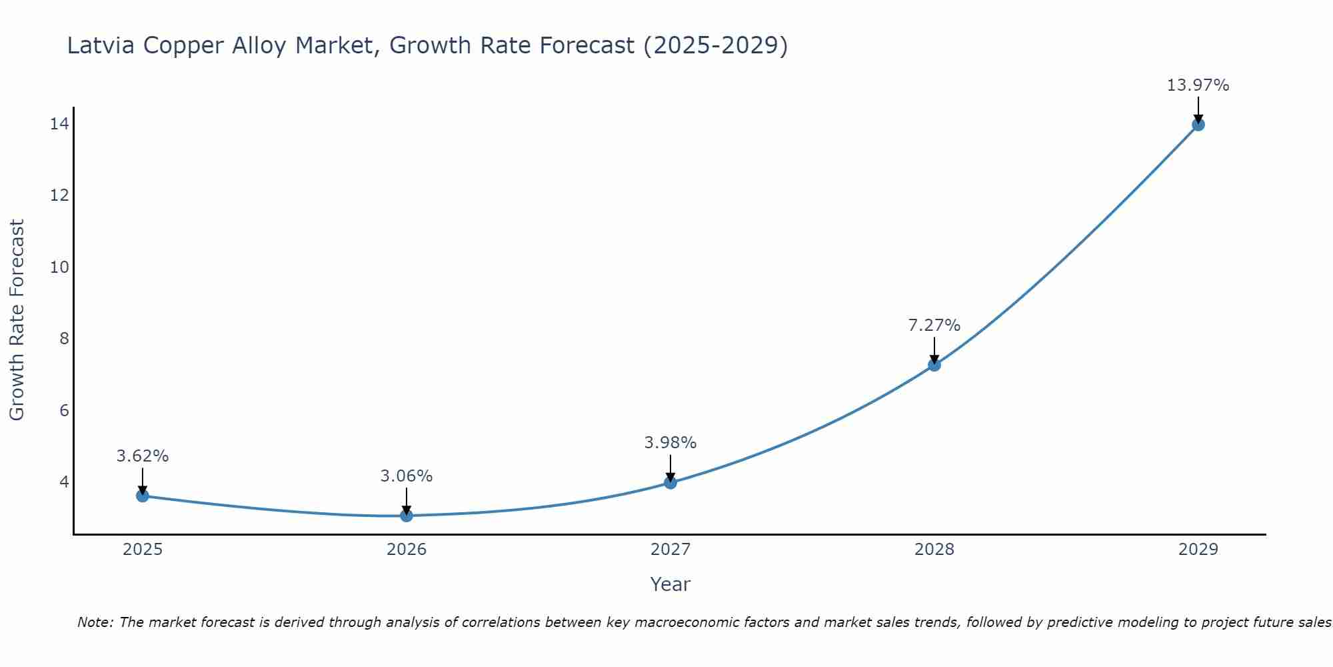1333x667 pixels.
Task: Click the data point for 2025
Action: (x=142, y=496)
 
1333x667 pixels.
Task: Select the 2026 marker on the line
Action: (x=407, y=516)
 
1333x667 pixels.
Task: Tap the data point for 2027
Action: (x=670, y=482)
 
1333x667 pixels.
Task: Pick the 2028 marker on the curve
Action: (x=934, y=365)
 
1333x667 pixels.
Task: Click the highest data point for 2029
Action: (x=1198, y=125)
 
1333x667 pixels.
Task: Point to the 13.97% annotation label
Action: (x=1198, y=85)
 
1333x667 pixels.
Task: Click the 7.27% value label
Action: (x=934, y=325)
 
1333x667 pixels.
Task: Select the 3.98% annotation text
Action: (x=670, y=443)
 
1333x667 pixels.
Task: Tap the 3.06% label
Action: (x=406, y=476)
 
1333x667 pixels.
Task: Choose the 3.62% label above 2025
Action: (x=142, y=456)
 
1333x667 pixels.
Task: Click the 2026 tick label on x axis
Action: (x=407, y=550)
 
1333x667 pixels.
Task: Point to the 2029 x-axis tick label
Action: (x=1198, y=550)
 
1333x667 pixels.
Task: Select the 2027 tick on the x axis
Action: (x=670, y=550)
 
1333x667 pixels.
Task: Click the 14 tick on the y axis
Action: (x=59, y=124)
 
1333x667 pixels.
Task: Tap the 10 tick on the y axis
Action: (x=59, y=267)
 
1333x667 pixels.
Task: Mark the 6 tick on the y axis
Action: (x=64, y=410)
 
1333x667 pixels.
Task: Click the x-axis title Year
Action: (x=670, y=584)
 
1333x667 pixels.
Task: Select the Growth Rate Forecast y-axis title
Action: (x=17, y=320)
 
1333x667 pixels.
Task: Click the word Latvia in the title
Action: (x=101, y=45)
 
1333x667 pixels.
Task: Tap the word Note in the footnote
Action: (x=95, y=622)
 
